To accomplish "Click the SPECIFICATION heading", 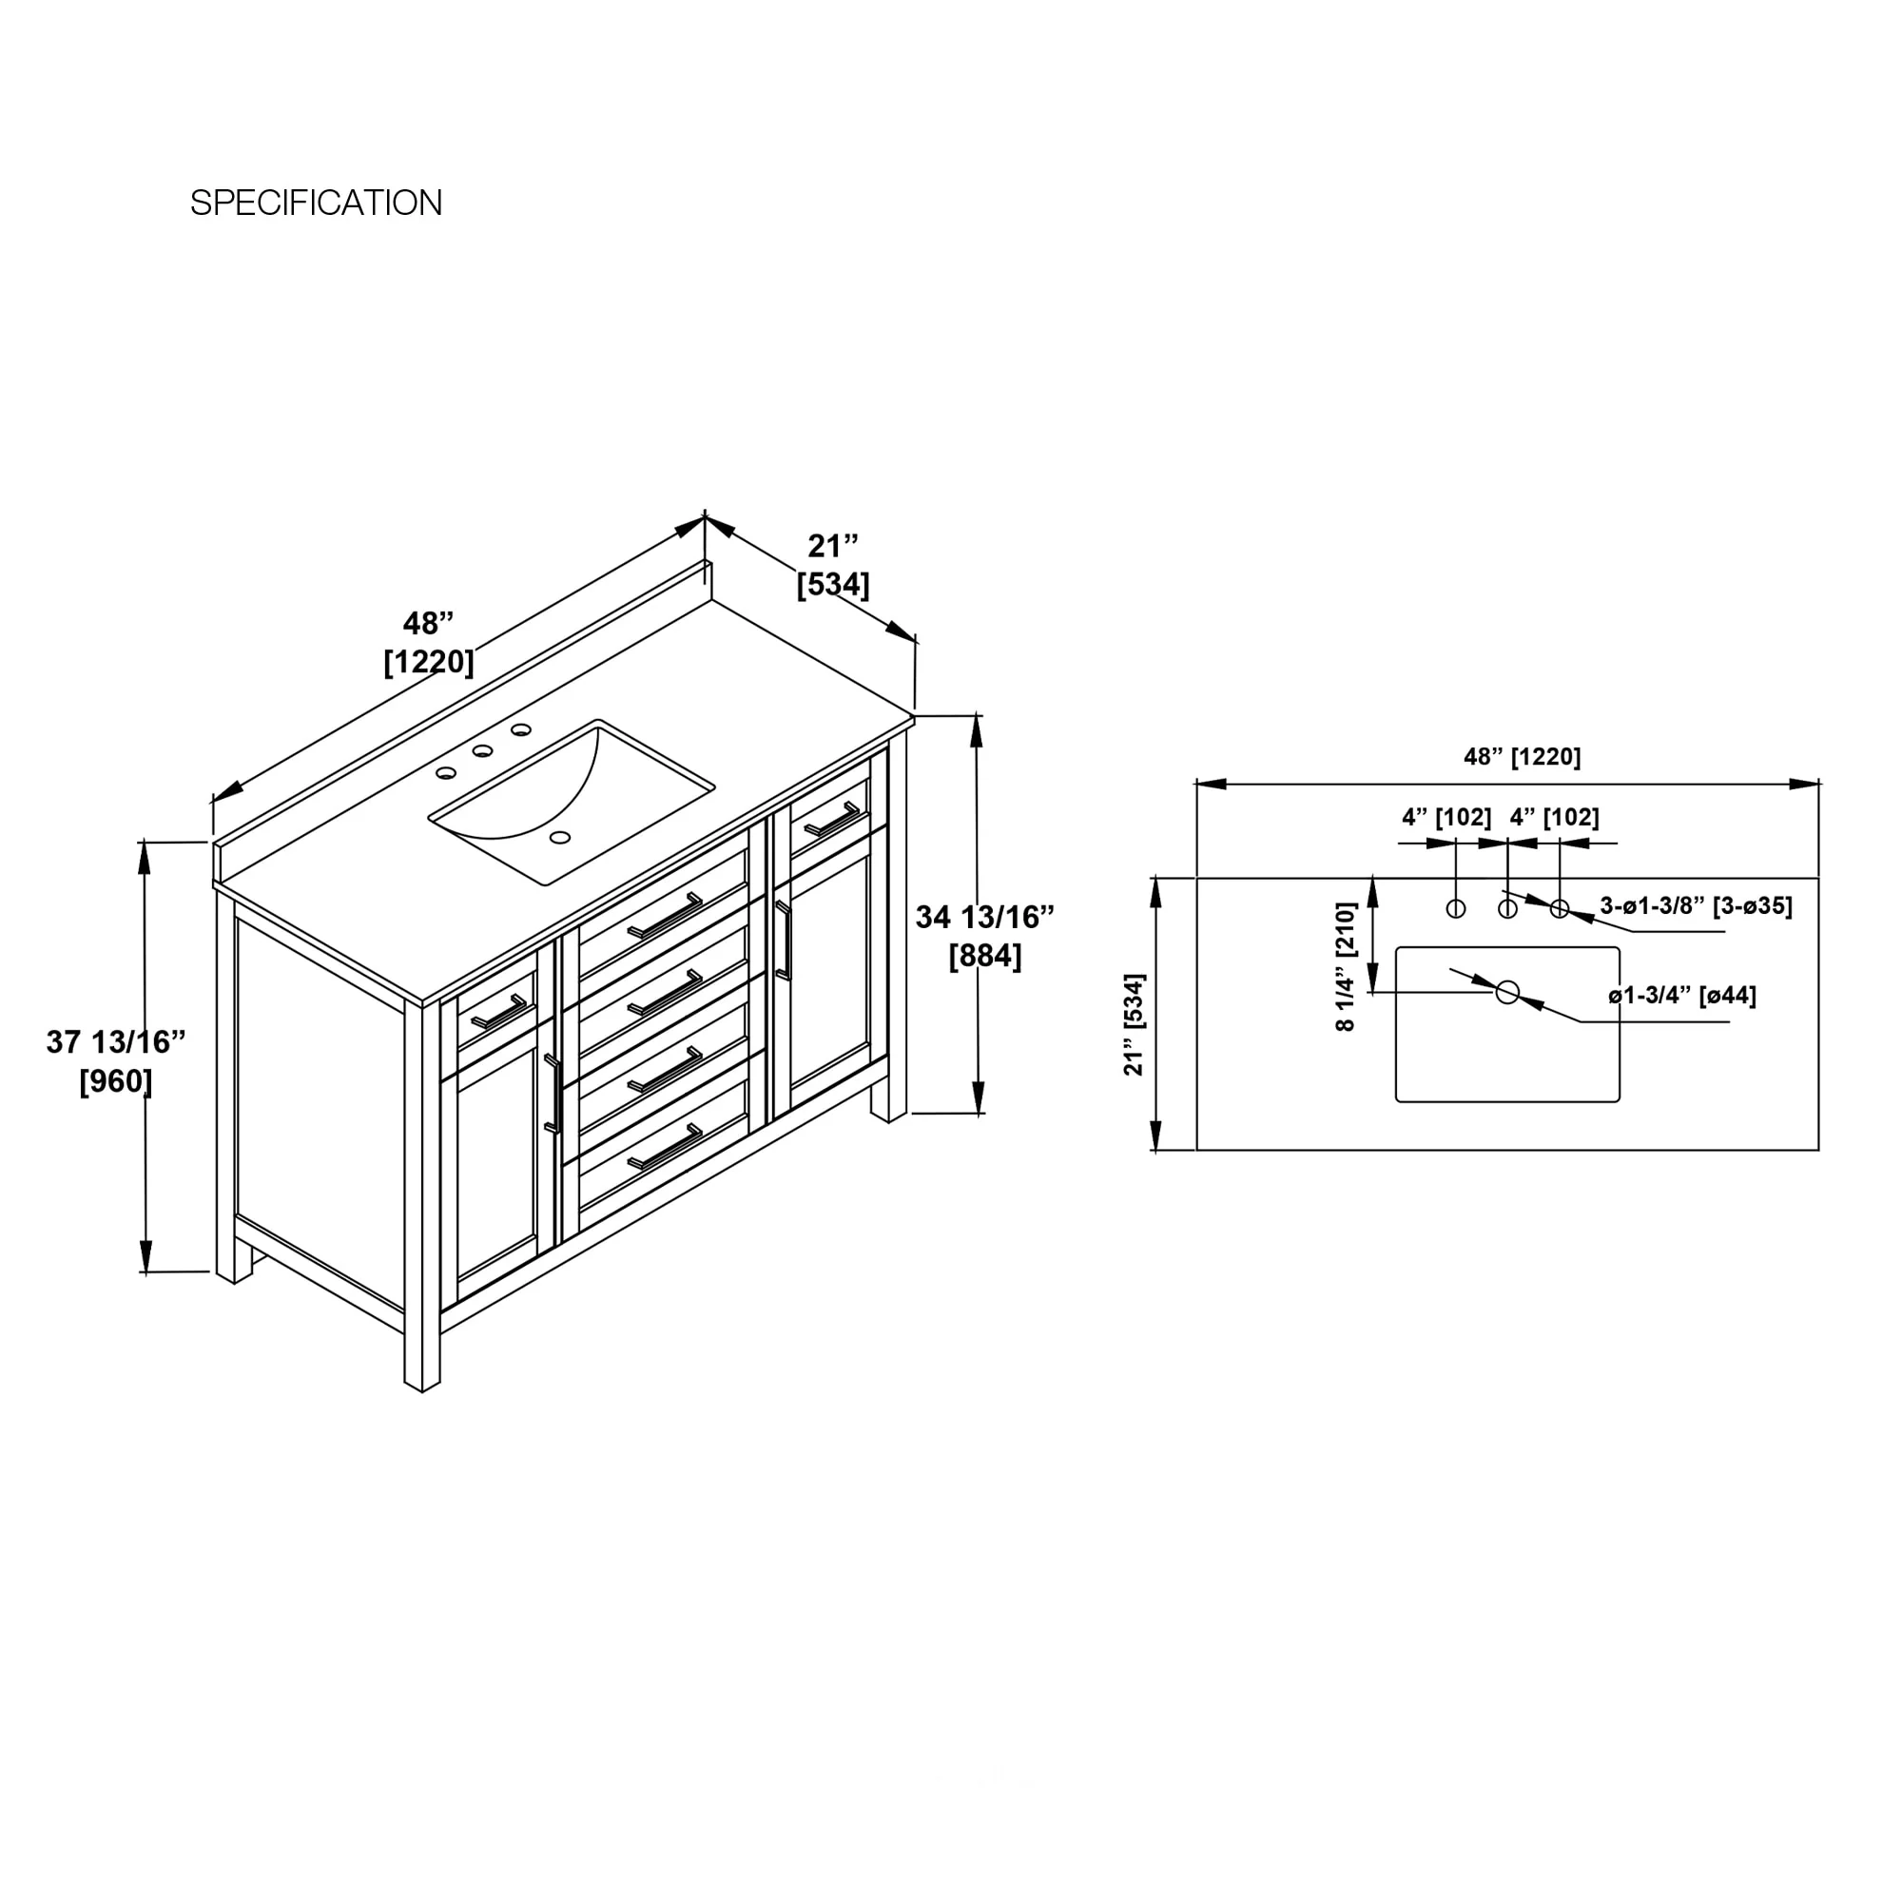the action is tap(316, 203).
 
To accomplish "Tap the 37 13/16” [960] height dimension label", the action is tap(116, 1061).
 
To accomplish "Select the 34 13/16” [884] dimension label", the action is tap(984, 936).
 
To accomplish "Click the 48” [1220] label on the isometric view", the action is tap(429, 643).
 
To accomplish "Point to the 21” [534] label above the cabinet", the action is tap(833, 565).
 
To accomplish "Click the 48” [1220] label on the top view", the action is tap(1522, 756).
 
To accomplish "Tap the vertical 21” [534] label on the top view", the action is tap(1135, 1025).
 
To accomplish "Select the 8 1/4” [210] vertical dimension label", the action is tap(1346, 967).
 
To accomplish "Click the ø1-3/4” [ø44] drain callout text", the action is tap(1682, 996).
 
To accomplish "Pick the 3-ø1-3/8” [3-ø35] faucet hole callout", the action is tap(1697, 905).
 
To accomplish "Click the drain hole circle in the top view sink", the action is tap(1507, 992).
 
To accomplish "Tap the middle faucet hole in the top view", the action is tap(1507, 908).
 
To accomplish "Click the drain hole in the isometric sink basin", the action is tap(560, 838).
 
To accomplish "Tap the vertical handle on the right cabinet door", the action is tap(784, 941).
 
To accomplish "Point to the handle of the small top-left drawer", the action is tap(500, 1012).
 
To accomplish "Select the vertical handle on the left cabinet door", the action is tap(553, 1094).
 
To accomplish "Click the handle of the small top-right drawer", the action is tap(832, 819).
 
